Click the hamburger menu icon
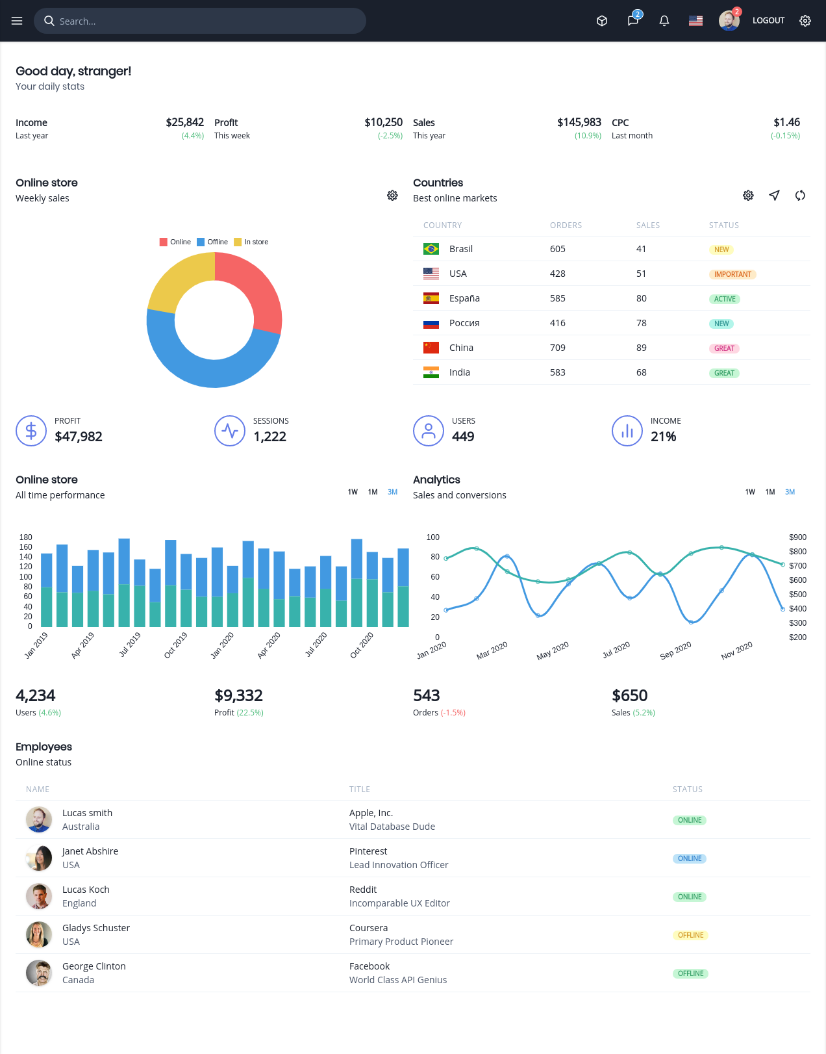[x=17, y=21]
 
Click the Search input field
[x=200, y=21]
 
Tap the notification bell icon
[x=664, y=21]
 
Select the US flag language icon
[x=695, y=21]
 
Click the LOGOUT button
[x=768, y=20]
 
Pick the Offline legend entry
[x=212, y=242]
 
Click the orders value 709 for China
[x=557, y=348]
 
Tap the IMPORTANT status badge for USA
[x=732, y=274]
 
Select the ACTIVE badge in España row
[x=724, y=300]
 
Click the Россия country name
[x=464, y=323]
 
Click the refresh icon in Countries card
[x=800, y=196]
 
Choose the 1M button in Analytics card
[x=770, y=492]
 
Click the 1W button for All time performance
[x=353, y=492]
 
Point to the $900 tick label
[x=797, y=537]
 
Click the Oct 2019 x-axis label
[x=175, y=645]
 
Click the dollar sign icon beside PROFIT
[x=31, y=431]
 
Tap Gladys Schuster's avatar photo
[x=39, y=934]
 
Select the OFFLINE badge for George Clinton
[x=690, y=973]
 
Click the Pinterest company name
[x=368, y=851]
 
